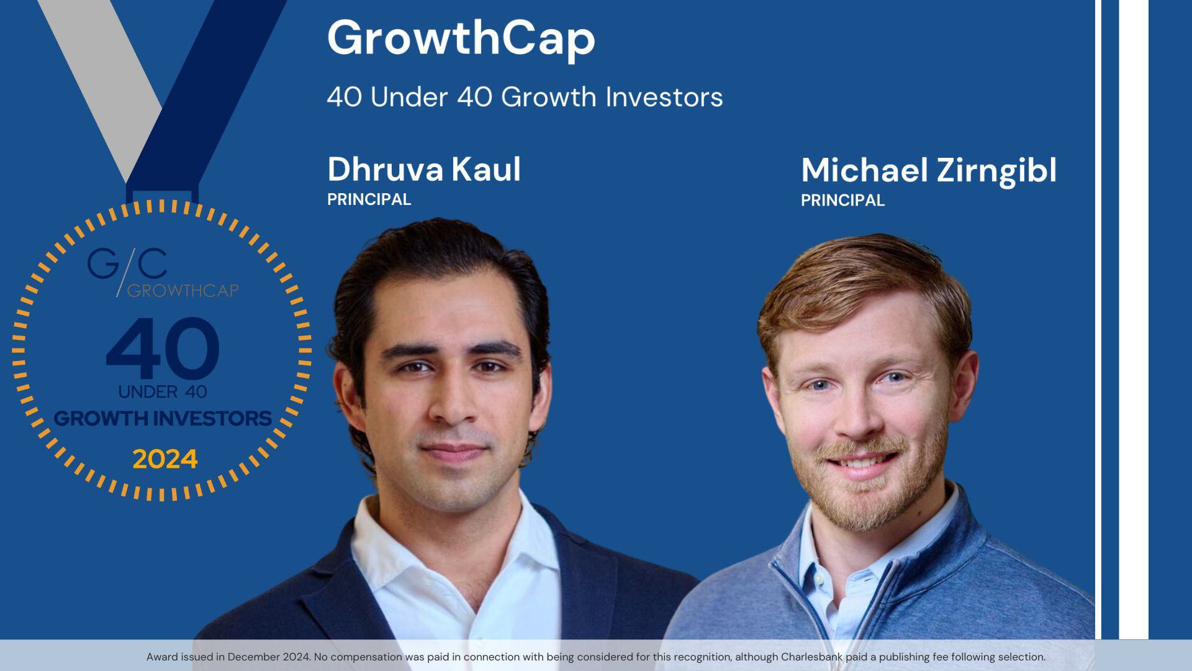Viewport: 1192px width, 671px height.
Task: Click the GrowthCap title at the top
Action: tap(461, 39)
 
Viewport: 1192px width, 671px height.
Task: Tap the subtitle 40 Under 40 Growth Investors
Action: tap(525, 97)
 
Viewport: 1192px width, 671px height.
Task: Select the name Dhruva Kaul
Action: tap(424, 169)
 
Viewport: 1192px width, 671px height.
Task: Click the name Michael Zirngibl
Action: tap(928, 170)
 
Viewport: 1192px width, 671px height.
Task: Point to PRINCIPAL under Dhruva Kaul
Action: tap(369, 199)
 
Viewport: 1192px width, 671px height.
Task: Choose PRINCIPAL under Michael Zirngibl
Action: tap(842, 201)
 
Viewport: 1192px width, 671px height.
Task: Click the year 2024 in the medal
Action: tap(165, 460)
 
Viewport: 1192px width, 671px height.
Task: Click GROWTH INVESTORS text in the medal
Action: tap(163, 418)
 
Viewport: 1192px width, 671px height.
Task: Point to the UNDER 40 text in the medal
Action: tap(163, 391)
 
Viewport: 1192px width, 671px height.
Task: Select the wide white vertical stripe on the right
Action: tap(1134, 311)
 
